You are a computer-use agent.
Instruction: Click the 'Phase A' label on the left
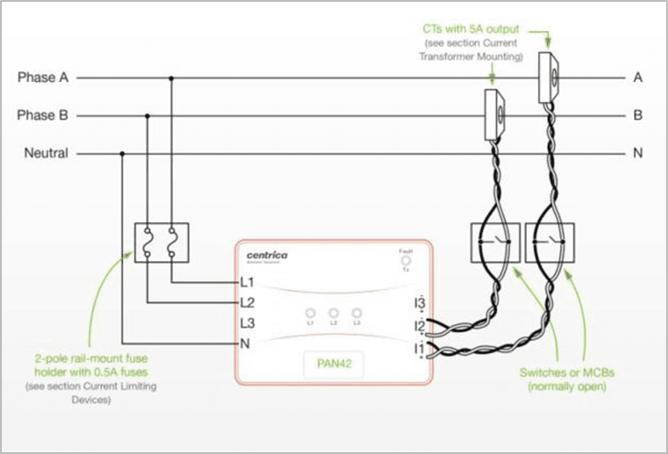pos(42,78)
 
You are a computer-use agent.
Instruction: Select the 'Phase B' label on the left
pos(42,116)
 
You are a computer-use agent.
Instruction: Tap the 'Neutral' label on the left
pos(45,153)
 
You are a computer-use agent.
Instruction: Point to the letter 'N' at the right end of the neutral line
pos(637,153)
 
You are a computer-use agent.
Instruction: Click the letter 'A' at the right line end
pos(637,78)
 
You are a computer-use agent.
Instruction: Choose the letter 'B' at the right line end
pos(637,116)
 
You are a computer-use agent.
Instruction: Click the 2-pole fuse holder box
pos(160,242)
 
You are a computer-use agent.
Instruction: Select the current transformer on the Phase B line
pos(494,115)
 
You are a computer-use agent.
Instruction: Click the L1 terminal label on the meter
pos(247,282)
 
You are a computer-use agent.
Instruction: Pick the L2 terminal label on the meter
pos(247,302)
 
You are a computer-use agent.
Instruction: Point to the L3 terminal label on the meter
pos(247,323)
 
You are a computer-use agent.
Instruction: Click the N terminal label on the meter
pos(244,343)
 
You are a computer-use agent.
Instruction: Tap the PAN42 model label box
pos(332,367)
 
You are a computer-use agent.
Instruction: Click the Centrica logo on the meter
pos(267,256)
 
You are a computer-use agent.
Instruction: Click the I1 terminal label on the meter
pos(419,348)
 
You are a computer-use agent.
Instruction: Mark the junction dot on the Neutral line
pos(122,153)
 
